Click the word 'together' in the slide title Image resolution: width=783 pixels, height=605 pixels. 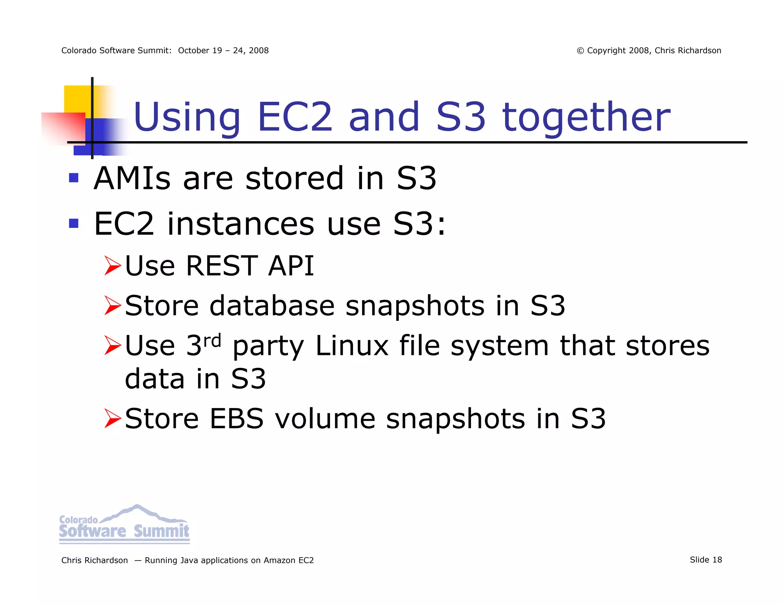pos(586,117)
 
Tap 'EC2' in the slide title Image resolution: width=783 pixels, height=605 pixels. pos(295,117)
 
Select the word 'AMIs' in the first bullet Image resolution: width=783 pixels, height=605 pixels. pos(132,178)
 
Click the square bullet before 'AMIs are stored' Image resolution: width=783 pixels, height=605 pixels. pos(74,178)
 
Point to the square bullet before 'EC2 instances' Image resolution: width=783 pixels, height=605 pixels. pos(74,223)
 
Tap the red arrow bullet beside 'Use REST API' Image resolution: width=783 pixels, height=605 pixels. pos(112,266)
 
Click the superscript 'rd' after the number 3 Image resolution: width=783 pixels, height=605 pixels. pos(212,340)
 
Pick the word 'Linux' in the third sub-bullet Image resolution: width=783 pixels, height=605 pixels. pos(352,346)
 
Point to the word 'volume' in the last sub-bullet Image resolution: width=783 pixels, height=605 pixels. pos(325,418)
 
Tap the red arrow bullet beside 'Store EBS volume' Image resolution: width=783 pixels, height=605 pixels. pos(112,418)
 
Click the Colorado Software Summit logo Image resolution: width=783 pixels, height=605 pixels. pos(124,524)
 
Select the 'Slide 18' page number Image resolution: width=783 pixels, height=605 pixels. pos(706,560)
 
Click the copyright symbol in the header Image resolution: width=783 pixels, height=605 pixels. pos(580,51)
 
